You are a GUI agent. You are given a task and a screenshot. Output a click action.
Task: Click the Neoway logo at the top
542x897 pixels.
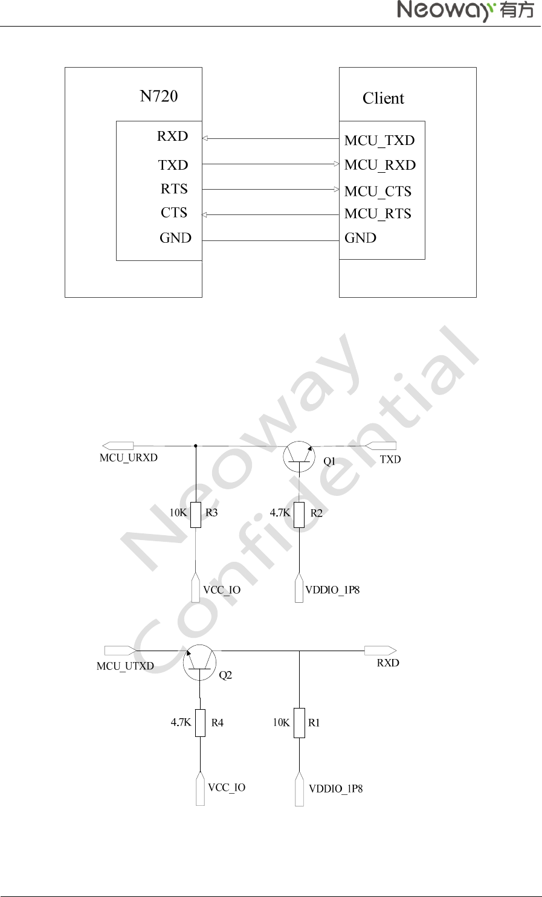(465, 10)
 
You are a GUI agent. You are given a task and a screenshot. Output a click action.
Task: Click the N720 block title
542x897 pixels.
(158, 96)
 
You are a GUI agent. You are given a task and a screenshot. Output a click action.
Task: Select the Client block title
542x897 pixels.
(383, 98)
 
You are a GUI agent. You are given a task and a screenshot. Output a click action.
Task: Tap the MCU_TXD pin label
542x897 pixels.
(379, 141)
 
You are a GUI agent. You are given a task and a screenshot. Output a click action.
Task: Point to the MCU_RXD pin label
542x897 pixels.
(380, 166)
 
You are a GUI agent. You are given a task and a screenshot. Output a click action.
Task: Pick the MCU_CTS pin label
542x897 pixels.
(378, 191)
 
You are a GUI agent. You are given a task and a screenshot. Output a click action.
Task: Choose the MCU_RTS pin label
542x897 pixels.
(378, 214)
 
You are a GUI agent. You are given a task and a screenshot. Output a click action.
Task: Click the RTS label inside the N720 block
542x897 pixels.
(174, 189)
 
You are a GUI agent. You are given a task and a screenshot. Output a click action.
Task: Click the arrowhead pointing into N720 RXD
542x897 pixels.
(205, 138)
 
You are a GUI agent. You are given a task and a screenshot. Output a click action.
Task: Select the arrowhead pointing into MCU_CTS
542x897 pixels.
(337, 189)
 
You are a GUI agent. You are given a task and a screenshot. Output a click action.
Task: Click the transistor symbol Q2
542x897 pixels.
(199, 663)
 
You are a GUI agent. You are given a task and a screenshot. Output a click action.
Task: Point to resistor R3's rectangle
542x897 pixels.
(196, 515)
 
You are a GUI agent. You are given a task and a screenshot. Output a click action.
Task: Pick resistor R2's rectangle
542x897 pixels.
(299, 515)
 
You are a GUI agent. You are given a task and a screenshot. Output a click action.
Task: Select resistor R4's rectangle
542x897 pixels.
(200, 723)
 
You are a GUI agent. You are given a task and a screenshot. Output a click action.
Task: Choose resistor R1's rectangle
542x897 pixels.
(299, 723)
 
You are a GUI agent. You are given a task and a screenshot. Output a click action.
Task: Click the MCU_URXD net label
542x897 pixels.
(128, 458)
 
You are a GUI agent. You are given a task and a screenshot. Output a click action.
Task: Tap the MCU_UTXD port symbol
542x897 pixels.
(120, 651)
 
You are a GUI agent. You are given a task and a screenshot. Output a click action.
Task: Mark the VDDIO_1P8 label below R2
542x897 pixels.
(332, 590)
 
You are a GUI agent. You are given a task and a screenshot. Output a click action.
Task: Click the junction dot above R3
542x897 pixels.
(196, 446)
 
